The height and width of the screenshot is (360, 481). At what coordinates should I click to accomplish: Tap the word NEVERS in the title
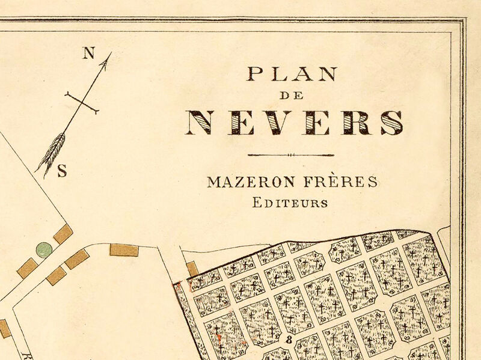tap(294, 123)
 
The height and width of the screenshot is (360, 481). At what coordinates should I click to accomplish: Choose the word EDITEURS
tap(290, 203)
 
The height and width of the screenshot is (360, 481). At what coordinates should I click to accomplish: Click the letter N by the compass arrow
tap(89, 53)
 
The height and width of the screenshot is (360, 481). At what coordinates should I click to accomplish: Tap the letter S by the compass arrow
tap(61, 171)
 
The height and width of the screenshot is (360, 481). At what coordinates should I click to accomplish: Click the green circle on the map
tap(43, 249)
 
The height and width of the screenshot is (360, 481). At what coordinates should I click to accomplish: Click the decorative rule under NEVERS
tap(291, 155)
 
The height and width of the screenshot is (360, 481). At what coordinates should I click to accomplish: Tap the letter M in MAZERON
tap(213, 182)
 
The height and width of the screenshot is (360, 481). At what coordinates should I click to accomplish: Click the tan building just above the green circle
tap(63, 234)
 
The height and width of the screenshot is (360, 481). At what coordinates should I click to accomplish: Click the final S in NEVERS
tap(391, 123)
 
